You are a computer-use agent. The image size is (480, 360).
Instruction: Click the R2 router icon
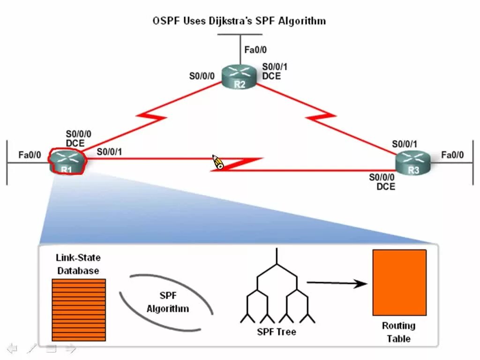(x=240, y=76)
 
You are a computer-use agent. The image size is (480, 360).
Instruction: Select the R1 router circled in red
(x=67, y=162)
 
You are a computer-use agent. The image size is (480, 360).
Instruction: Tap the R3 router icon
(x=412, y=163)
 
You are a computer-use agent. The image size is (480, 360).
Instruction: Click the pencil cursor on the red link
(x=218, y=163)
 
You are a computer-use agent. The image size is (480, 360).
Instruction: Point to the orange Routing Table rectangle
(x=399, y=282)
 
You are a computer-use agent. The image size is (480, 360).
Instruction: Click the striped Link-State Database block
(x=79, y=310)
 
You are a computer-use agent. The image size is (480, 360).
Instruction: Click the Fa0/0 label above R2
(x=255, y=49)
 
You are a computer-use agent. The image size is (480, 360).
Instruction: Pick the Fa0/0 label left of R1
(x=30, y=154)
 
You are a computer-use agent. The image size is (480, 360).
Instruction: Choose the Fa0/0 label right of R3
(x=452, y=154)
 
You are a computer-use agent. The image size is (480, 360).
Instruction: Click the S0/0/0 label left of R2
(x=202, y=75)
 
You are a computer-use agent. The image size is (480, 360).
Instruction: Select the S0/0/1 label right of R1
(x=110, y=151)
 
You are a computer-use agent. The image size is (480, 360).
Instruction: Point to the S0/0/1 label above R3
(x=405, y=144)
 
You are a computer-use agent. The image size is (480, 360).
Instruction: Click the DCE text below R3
(x=386, y=187)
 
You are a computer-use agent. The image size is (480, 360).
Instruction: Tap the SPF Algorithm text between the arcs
(x=167, y=302)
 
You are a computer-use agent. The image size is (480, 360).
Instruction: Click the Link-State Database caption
(x=78, y=264)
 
